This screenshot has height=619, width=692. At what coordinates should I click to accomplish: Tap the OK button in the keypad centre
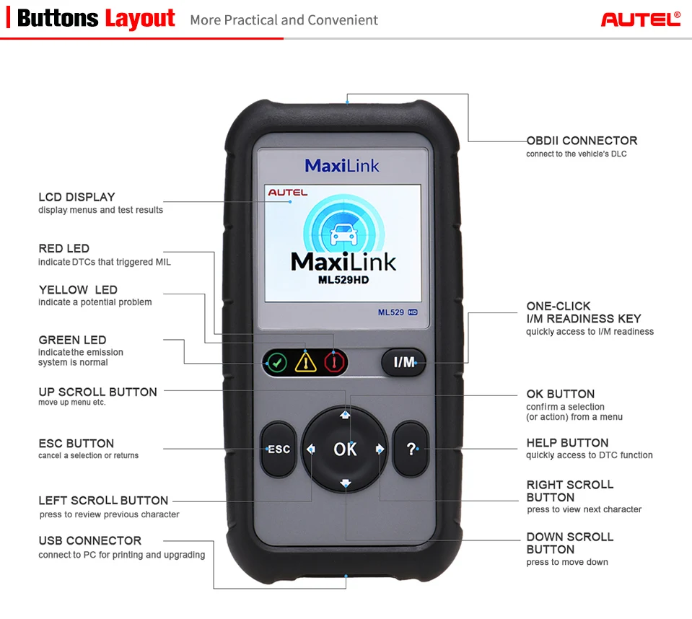345,449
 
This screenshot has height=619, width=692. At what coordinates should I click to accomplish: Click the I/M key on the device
403,362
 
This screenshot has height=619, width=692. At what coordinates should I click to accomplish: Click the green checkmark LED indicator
276,361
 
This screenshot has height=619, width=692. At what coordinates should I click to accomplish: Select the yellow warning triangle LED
306,361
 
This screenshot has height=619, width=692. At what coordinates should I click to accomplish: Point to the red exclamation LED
333,361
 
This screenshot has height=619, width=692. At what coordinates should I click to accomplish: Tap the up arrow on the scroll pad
345,415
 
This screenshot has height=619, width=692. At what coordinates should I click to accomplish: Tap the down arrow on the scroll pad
345,483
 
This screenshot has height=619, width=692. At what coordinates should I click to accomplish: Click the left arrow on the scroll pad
311,449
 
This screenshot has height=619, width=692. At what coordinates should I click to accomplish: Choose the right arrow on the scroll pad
380,449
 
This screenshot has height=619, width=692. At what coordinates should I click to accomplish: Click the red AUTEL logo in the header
641,19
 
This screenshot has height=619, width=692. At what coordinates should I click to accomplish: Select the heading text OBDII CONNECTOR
582,141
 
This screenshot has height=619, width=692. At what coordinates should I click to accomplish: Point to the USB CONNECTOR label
89,540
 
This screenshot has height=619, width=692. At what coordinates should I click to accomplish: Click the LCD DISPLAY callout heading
76,197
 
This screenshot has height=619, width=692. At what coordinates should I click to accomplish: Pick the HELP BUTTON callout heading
567,443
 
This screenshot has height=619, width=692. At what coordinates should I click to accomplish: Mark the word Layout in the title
140,19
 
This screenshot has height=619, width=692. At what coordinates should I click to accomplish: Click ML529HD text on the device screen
343,280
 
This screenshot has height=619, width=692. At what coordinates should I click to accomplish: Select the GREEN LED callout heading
72,340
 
